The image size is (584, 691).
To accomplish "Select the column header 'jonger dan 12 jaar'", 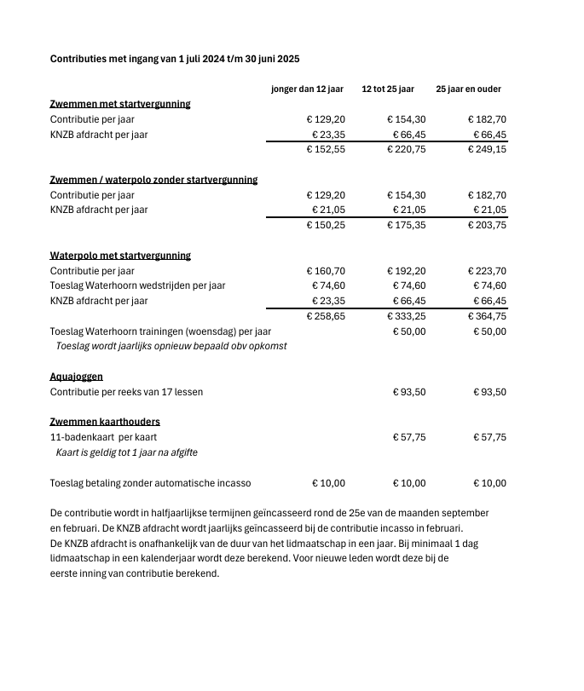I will (307, 89).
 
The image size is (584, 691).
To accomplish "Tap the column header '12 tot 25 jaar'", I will (388, 89).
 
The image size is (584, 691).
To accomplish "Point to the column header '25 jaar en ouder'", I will (468, 89).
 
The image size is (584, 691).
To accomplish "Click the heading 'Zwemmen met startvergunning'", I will (120, 104).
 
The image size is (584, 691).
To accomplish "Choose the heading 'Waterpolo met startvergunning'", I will (120, 256).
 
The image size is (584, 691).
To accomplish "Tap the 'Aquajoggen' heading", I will (77, 377).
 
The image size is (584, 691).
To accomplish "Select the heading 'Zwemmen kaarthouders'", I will (105, 422).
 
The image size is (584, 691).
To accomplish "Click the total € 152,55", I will (326, 149).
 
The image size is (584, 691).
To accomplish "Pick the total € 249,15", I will (487, 149).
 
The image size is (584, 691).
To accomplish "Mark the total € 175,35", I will (407, 225).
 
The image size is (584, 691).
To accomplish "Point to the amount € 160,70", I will (326, 271).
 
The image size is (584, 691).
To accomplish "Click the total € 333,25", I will (407, 316).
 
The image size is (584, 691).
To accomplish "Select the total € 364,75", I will (487, 316).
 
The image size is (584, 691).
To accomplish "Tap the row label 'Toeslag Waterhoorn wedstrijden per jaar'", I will (138, 286).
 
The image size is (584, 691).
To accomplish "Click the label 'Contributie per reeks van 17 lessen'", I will (126, 392).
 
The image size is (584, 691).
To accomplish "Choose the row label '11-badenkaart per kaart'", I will (103, 437).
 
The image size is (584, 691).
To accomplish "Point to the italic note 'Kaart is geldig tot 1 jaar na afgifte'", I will (126, 452).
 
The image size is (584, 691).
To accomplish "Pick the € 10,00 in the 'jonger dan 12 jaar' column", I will (327, 483).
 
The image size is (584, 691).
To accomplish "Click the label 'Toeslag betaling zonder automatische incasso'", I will (150, 483).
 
